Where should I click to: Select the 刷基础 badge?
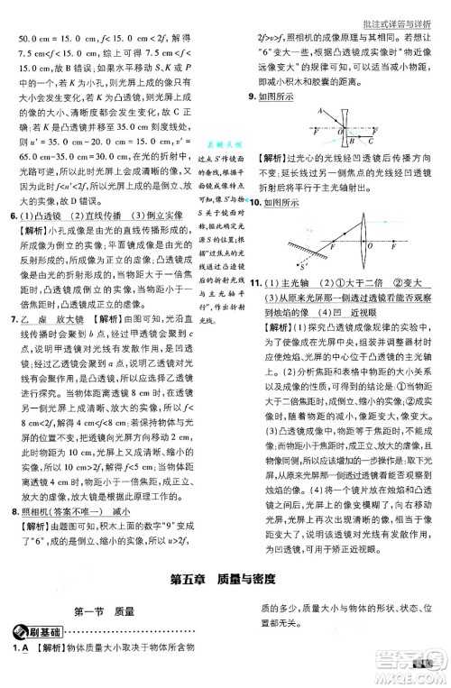[33, 634]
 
